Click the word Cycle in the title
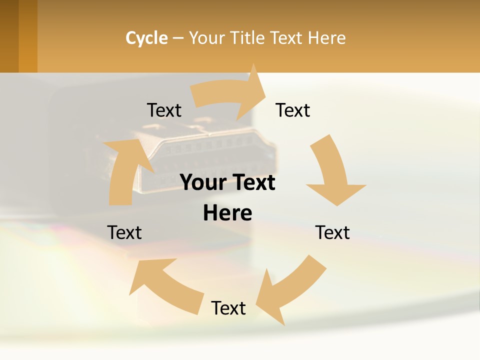pyautogui.click(x=146, y=38)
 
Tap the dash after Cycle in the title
pyautogui.click(x=178, y=38)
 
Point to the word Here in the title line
pyautogui.click(x=326, y=38)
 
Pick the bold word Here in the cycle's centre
pyautogui.click(x=227, y=213)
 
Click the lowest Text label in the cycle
pyautogui.click(x=228, y=308)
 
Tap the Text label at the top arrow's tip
pyautogui.click(x=293, y=110)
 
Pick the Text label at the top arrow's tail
pyautogui.click(x=164, y=110)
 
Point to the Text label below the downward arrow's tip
pyautogui.click(x=332, y=232)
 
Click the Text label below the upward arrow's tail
pyautogui.click(x=124, y=232)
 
